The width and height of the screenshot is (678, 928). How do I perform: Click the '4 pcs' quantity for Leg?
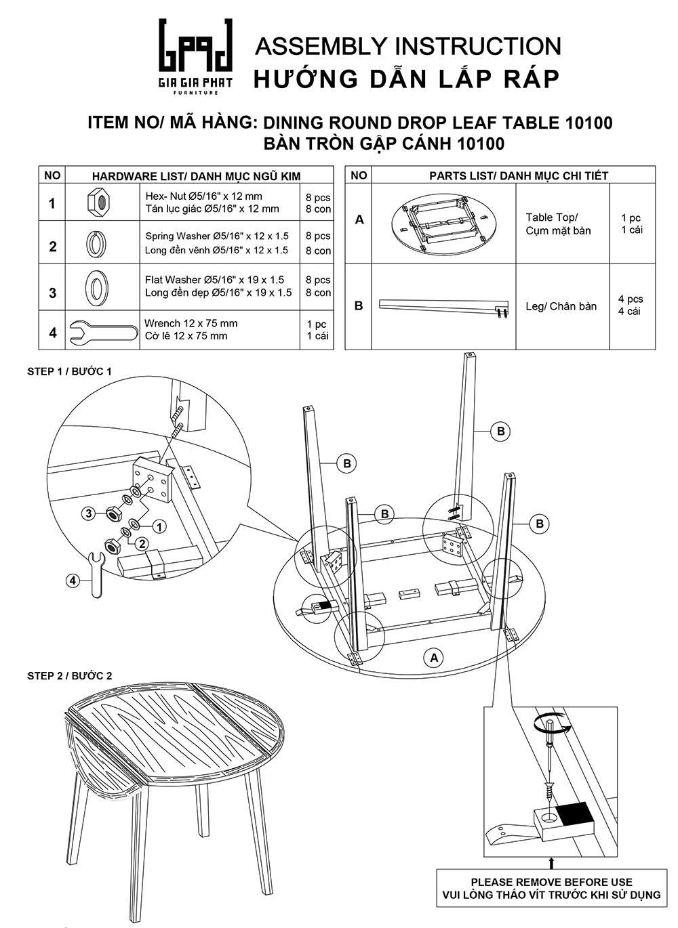631,299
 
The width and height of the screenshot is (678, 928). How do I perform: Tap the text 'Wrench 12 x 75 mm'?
191,323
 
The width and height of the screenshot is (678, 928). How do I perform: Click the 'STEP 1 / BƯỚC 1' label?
69,371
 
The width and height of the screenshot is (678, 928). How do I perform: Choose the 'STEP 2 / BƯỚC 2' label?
69,675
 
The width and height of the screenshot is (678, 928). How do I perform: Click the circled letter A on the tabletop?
433,657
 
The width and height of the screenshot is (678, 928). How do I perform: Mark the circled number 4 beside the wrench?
74,581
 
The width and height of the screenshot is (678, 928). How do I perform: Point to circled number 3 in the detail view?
89,513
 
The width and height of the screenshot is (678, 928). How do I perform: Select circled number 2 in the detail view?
142,543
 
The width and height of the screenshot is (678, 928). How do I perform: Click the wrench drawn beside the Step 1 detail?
96,574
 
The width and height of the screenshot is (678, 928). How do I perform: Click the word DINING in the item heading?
294,123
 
